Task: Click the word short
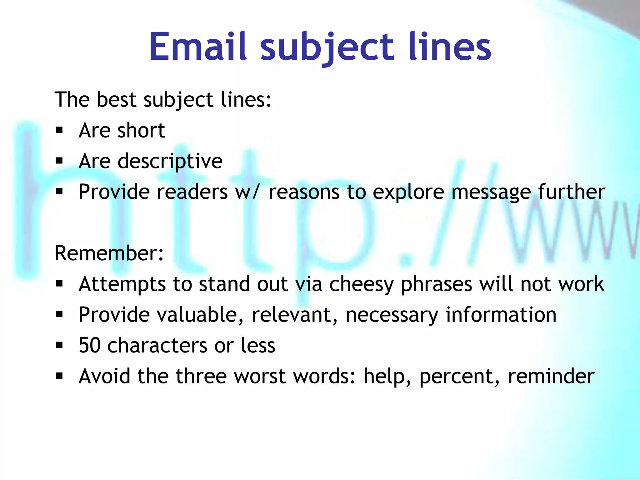click(x=141, y=130)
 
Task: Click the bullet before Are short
click(x=59, y=130)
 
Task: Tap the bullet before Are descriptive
click(x=59, y=161)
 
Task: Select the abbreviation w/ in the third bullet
click(x=247, y=192)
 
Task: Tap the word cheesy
click(x=362, y=285)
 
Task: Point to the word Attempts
click(x=122, y=285)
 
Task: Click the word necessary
click(x=392, y=315)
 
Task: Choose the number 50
click(x=90, y=346)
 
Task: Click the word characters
click(x=157, y=346)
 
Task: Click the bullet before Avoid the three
click(x=59, y=376)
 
